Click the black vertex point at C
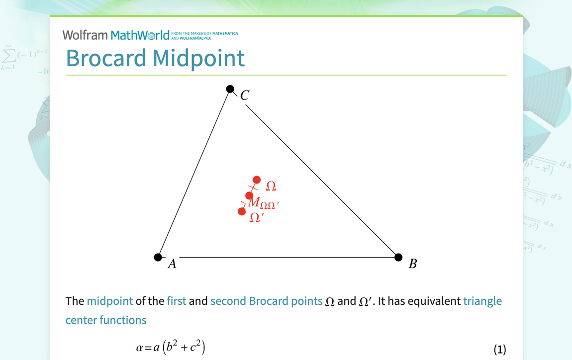coord(230,89)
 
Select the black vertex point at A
coord(158,257)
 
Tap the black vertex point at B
coord(398,257)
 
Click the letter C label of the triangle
coord(245,95)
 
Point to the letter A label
coord(172,264)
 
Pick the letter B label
coord(413,264)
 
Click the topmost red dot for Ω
coord(257,180)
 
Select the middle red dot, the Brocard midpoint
coord(249,195)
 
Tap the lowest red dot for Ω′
coord(242,211)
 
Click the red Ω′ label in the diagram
coord(256,218)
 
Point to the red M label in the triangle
coord(253,202)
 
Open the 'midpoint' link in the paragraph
coord(109,301)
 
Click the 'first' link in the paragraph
coord(177,301)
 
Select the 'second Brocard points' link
coord(266,301)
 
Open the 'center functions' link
coord(106,320)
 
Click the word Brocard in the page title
coord(106,58)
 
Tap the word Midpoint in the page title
coord(199,58)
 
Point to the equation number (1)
coord(499,349)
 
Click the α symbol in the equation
coord(139,349)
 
